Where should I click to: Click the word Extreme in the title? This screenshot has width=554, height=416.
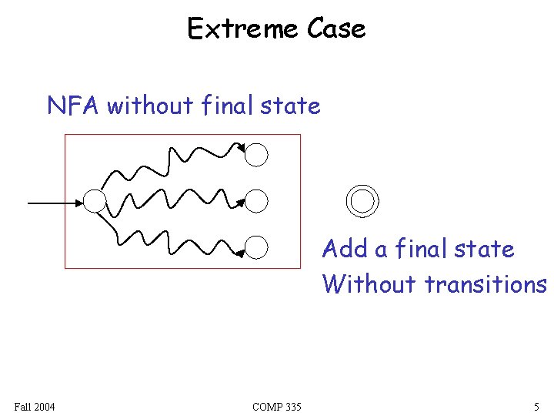tap(243, 29)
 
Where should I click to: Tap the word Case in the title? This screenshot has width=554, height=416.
tap(335, 29)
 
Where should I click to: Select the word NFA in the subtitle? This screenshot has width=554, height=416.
tap(74, 105)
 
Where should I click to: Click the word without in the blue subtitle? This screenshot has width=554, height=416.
tap(150, 105)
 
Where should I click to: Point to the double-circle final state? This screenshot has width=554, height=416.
tap(362, 200)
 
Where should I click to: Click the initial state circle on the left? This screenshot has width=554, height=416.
tap(94, 202)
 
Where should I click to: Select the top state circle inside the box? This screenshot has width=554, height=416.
tap(257, 155)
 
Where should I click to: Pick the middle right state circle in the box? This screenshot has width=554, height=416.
tap(257, 202)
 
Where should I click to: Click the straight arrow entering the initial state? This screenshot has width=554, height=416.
tap(54, 203)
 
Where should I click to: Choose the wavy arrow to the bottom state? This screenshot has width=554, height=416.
tap(177, 243)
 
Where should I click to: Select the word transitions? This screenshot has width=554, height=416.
tap(485, 283)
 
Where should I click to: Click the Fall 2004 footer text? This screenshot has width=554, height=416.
tap(35, 406)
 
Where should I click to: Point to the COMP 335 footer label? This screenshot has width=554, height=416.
tap(276, 406)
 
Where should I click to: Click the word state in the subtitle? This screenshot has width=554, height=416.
tap(290, 105)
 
